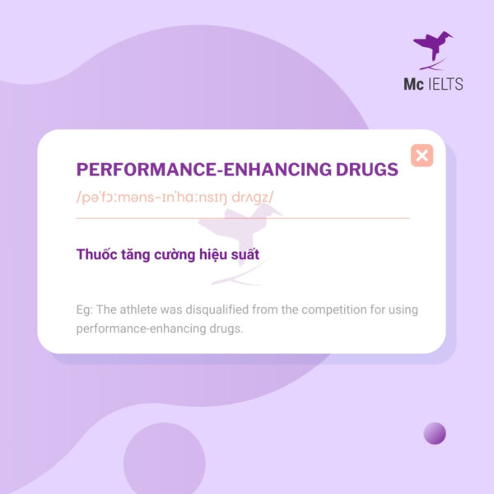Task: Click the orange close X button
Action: [422, 155]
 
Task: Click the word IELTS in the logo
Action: [447, 84]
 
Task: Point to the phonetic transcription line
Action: [175, 198]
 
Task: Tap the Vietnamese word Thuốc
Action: [96, 254]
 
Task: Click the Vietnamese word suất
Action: [244, 254]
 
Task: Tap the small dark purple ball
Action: [434, 433]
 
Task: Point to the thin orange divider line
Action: [242, 218]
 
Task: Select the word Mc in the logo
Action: [412, 84]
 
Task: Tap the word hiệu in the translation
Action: [205, 254]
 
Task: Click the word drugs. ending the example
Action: [226, 328]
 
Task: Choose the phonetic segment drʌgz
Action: [252, 198]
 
